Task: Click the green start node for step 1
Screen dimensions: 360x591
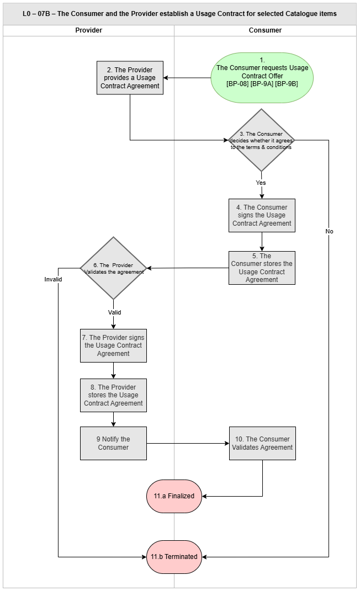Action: [262, 78]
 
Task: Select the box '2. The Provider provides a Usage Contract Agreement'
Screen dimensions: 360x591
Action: [130, 78]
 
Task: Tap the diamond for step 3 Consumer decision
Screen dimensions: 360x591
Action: [261, 140]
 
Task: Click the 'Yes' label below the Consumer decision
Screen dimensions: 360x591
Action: [261, 183]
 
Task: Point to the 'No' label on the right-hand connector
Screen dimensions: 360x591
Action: [329, 231]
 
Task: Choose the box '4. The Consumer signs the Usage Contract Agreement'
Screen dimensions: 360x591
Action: [262, 215]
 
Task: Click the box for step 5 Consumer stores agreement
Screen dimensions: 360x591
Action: [262, 268]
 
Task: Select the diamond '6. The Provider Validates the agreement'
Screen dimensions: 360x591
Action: [113, 268]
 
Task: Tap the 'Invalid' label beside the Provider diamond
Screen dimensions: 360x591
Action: [53, 279]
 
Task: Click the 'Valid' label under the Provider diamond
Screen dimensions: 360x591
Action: [115, 312]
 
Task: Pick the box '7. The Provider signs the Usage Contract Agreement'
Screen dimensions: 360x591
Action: [113, 345]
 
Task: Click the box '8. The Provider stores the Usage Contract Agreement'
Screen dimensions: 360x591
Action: [113, 396]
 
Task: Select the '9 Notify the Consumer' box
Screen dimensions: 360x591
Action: [113, 443]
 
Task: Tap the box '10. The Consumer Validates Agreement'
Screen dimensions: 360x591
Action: [262, 443]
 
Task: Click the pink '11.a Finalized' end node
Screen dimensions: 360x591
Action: [174, 497]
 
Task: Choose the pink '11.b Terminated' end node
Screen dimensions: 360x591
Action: [174, 557]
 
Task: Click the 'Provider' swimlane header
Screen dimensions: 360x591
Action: [88, 30]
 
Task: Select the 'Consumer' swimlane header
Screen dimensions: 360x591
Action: [265, 30]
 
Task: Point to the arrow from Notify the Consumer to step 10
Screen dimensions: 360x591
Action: [188, 444]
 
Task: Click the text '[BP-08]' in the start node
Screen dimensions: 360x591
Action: [237, 84]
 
